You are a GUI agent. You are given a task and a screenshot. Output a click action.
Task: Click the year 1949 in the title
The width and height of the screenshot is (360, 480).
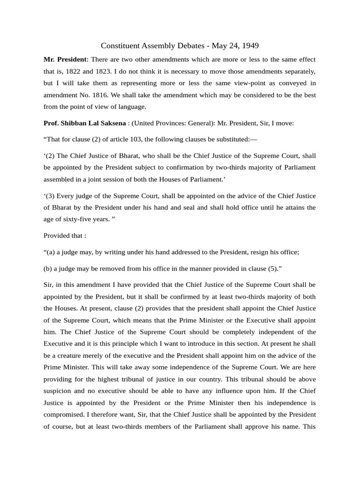coord(249,45)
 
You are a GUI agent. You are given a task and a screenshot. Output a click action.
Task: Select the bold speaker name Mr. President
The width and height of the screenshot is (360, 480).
coord(65,60)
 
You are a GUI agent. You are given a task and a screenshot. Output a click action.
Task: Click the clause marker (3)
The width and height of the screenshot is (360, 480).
coord(50,195)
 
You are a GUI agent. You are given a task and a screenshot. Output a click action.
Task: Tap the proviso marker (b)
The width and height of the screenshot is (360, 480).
coord(48,268)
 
